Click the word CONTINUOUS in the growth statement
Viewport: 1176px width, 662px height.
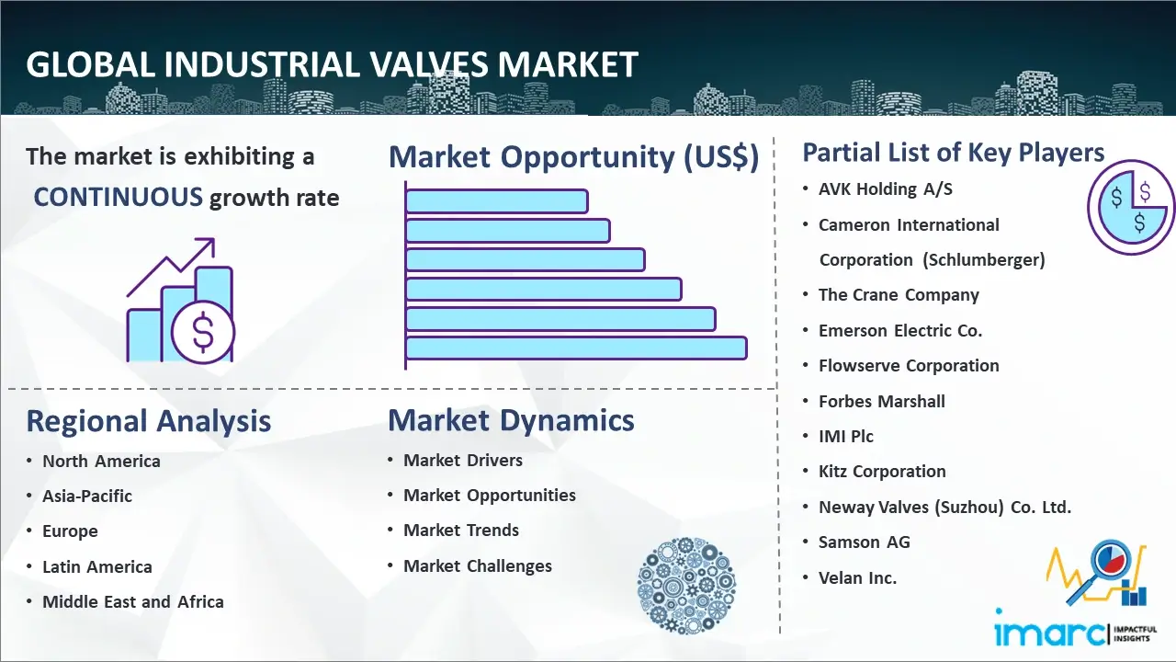click(x=119, y=198)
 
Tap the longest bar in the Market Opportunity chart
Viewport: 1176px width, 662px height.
click(x=576, y=348)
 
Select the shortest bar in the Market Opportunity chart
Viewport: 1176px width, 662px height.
click(x=497, y=201)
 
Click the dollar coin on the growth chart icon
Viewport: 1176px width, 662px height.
click(x=203, y=333)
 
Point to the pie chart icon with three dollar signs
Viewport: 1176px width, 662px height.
click(x=1130, y=208)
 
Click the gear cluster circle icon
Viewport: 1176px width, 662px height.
click(x=686, y=585)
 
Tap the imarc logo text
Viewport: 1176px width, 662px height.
click(x=1050, y=633)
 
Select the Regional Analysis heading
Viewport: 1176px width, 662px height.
click(x=149, y=421)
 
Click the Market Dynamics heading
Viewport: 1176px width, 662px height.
click(x=511, y=420)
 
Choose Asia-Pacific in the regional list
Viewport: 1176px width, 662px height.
click(x=87, y=496)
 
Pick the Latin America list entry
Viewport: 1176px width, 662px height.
click(x=97, y=567)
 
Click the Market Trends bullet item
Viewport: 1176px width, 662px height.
click(x=461, y=531)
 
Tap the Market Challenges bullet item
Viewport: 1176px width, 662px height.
click(x=478, y=565)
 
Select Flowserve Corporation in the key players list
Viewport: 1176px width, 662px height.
click(x=909, y=366)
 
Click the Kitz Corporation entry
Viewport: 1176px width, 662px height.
click(x=882, y=472)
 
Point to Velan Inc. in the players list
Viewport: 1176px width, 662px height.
click(x=857, y=578)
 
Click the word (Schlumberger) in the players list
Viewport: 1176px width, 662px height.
click(x=984, y=260)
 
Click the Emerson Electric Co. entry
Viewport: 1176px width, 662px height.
click(x=899, y=330)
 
